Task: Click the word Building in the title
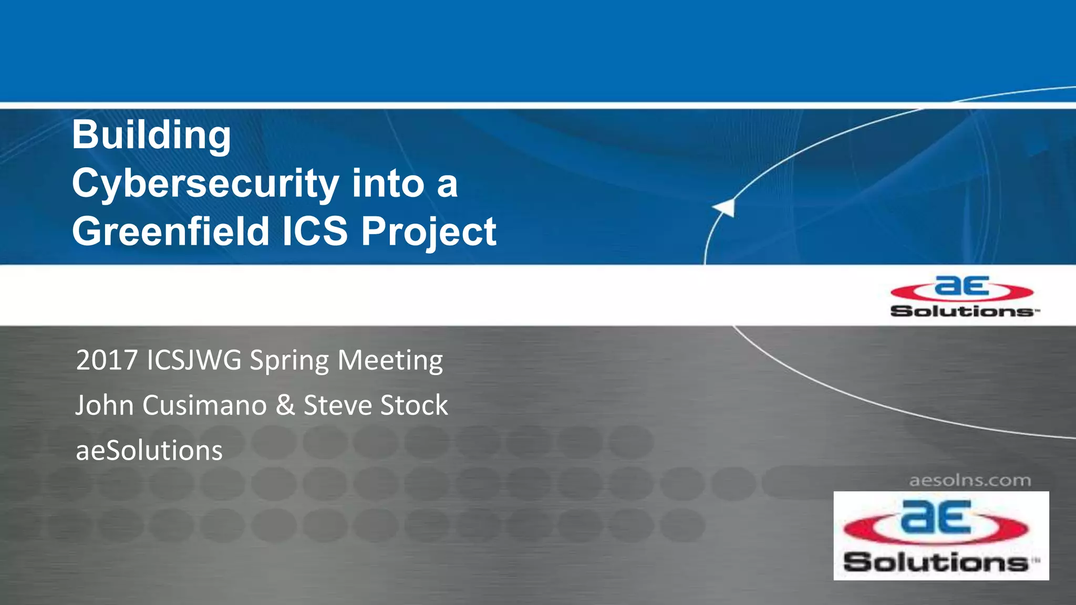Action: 151,135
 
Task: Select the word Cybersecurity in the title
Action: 205,184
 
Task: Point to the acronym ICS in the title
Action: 315,232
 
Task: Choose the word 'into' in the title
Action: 388,184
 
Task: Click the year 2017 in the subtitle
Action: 107,361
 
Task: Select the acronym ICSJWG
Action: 194,361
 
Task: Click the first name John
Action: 105,405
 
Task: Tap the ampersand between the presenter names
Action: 285,405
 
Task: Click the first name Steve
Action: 338,405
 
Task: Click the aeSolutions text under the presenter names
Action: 149,451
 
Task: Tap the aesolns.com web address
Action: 970,481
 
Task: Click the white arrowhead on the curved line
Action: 726,207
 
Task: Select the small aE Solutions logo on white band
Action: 963,297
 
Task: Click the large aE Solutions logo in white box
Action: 941,536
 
